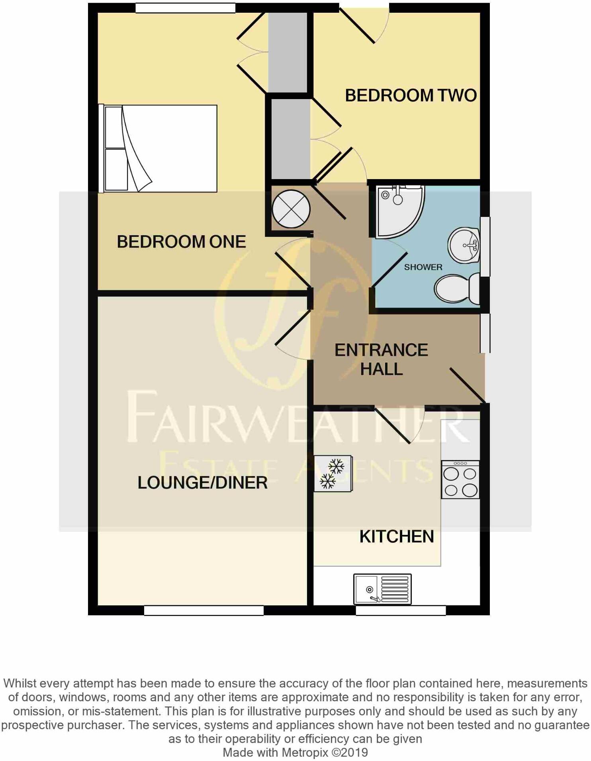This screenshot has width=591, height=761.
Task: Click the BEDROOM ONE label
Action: pos(181,242)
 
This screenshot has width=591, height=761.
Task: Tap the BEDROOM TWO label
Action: pos(411,96)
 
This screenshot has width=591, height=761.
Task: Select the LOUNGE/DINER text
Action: pos(202,483)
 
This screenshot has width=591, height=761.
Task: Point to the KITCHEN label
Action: pos(397,537)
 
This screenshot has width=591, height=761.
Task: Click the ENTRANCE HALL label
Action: pos(381,359)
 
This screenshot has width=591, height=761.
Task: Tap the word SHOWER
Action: pos(423,267)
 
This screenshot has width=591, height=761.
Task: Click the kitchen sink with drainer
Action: pos(382,589)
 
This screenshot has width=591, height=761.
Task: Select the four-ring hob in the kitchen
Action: pos(460,480)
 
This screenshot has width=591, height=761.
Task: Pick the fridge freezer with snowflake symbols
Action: pos(333,474)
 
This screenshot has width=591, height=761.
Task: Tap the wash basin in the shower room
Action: pos(464,245)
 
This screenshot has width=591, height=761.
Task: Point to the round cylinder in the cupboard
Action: pos(291,209)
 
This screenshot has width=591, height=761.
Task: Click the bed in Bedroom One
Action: pos(159,148)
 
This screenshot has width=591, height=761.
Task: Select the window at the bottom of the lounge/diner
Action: pos(204,610)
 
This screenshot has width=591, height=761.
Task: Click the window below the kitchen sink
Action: pos(400,610)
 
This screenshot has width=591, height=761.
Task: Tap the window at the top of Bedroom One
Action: pos(185,8)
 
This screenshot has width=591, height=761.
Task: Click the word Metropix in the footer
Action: pos(305,752)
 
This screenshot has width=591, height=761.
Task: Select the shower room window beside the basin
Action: pos(485,246)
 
